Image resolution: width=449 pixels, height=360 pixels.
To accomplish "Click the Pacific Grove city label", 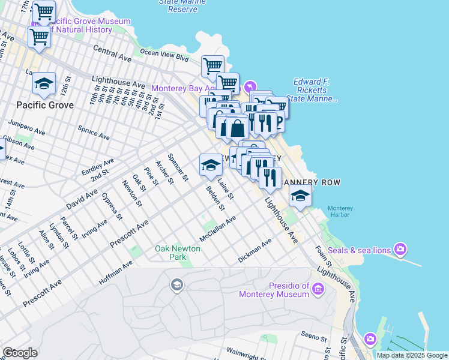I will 45,105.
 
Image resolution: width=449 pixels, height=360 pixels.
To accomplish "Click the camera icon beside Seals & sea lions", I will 400,250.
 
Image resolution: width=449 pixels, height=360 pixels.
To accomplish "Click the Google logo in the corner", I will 20,353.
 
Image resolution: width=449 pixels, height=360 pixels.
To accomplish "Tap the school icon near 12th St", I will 44,84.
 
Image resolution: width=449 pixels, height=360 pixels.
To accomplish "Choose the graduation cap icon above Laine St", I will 211,164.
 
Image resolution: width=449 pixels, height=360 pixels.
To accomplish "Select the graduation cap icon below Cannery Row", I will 300,195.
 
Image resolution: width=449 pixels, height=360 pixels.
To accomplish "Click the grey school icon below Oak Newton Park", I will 176,284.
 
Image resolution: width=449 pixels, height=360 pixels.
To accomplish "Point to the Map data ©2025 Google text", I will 412,355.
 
